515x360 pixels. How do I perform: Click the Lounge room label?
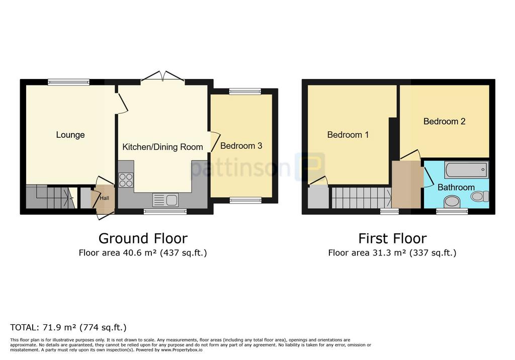click(70, 135)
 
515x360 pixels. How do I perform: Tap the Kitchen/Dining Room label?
click(162, 147)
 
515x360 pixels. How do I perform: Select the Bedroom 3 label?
click(241, 145)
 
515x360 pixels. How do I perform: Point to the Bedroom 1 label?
click(348, 135)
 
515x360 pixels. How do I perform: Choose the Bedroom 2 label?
click(445, 122)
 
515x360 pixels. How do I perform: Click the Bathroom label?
click(456, 187)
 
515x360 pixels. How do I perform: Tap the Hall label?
click(105, 198)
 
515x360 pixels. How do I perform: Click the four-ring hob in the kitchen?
click(126, 179)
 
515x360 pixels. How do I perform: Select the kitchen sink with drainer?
click(165, 200)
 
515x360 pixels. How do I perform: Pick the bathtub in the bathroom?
click(466, 169)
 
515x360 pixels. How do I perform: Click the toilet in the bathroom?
click(480, 197)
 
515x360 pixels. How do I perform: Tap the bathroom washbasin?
click(452, 202)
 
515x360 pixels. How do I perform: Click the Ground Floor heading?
click(143, 238)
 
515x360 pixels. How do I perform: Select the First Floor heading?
click(392, 238)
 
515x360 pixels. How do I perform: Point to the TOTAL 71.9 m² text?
click(68, 327)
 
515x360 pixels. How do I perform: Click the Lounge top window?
click(68, 82)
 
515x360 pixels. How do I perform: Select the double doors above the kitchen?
click(162, 76)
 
